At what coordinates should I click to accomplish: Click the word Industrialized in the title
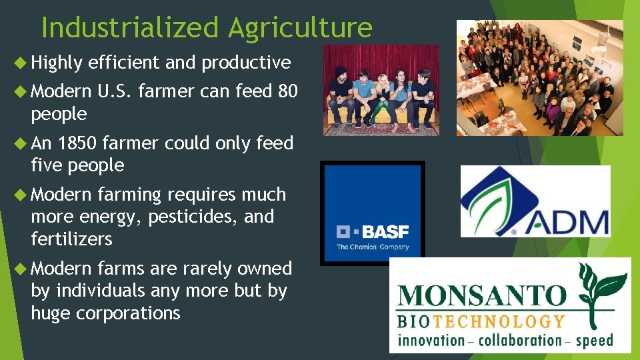pos(129,28)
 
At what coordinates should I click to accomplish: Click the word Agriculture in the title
pos(299,28)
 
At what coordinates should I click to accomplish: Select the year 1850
pos(78,143)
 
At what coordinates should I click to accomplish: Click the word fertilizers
pos(71,239)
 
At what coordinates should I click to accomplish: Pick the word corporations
pos(127,313)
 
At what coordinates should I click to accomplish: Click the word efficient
pos(124,63)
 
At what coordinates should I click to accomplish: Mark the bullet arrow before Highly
pos(20,63)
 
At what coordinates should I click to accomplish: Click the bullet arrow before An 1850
pos(20,143)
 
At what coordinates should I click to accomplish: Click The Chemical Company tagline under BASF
pos(372,247)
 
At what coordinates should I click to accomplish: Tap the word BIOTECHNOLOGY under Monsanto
pos(480,321)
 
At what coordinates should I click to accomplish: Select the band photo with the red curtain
pos(381,91)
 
